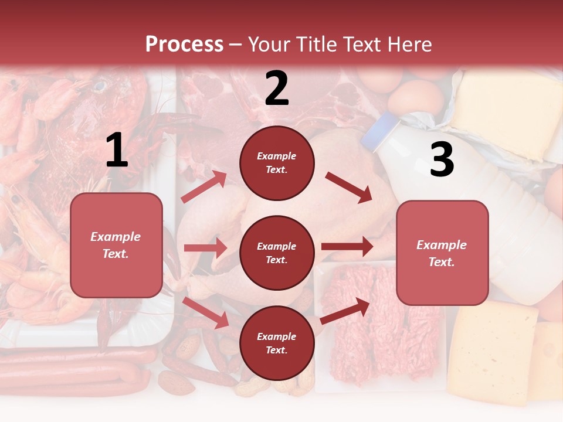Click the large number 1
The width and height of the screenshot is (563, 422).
coord(117,151)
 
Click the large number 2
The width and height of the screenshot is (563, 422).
coord(277,89)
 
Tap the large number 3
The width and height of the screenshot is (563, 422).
coord(442,160)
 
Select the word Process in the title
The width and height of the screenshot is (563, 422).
coord(184,44)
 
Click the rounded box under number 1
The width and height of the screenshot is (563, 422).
coord(116,245)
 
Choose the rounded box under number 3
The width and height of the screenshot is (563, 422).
coord(442,253)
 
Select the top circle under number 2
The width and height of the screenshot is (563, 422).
coord(277,163)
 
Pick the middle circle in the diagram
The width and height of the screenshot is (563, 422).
coord(277,253)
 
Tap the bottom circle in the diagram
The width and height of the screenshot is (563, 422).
coord(277,343)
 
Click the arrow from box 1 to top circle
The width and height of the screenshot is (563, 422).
coord(204,187)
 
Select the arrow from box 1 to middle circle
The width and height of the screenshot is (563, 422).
coord(205,248)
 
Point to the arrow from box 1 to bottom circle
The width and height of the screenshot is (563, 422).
coord(206,312)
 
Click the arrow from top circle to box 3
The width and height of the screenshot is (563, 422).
coord(349,188)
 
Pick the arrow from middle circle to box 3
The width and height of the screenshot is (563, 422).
coord(347,247)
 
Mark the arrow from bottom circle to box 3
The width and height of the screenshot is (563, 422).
coord(345,311)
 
